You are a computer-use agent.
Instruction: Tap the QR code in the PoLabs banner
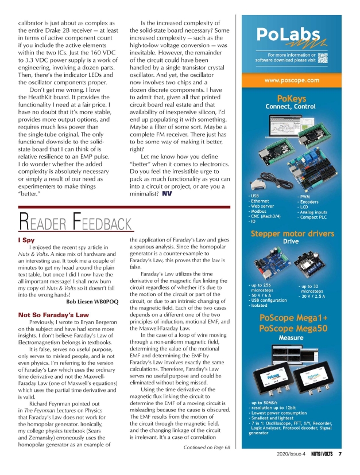point(323,57)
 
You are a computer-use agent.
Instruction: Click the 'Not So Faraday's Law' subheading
point(53,314)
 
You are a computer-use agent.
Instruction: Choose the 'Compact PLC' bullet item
point(315,217)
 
